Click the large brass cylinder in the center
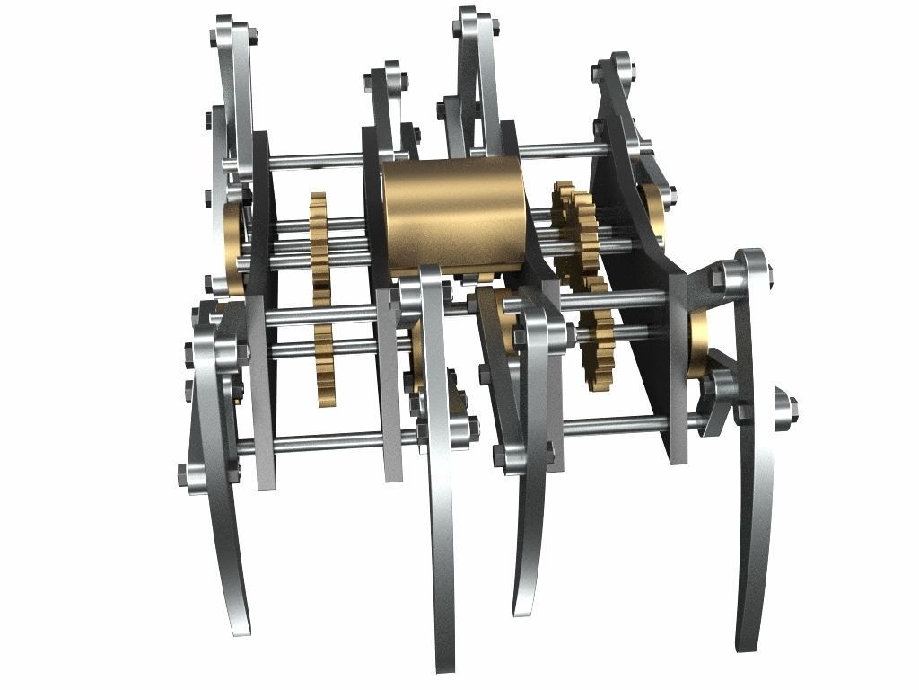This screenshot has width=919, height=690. pyautogui.click(x=454, y=213)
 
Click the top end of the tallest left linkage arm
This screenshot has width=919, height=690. pyautogui.click(x=225, y=27)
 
